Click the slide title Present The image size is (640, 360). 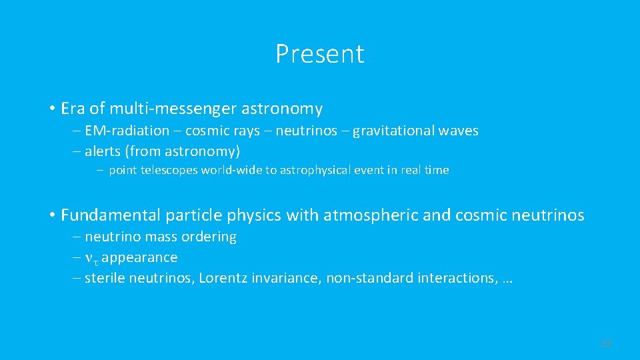pos(320,54)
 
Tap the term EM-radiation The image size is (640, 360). pos(127,131)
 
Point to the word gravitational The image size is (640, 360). pos(393,131)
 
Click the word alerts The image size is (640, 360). pos(103,151)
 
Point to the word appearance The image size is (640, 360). pos(139,257)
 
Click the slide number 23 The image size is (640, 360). pos(606,343)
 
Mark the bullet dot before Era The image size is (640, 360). pos(51,109)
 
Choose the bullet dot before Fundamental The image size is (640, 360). pos(51,215)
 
